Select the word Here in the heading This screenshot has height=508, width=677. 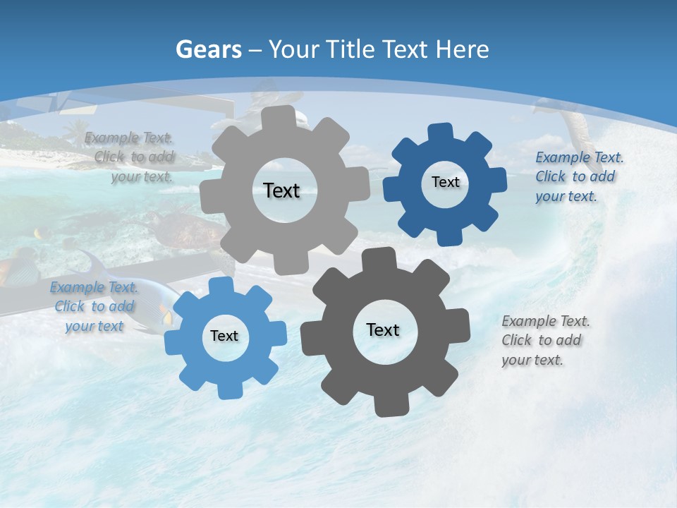463,49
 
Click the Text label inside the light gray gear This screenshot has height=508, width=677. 281,190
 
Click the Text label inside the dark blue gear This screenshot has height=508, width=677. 445,182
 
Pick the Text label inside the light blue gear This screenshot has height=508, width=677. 224,336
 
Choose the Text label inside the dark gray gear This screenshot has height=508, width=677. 383,329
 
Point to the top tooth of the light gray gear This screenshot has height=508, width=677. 285,117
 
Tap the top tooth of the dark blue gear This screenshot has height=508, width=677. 440,133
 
